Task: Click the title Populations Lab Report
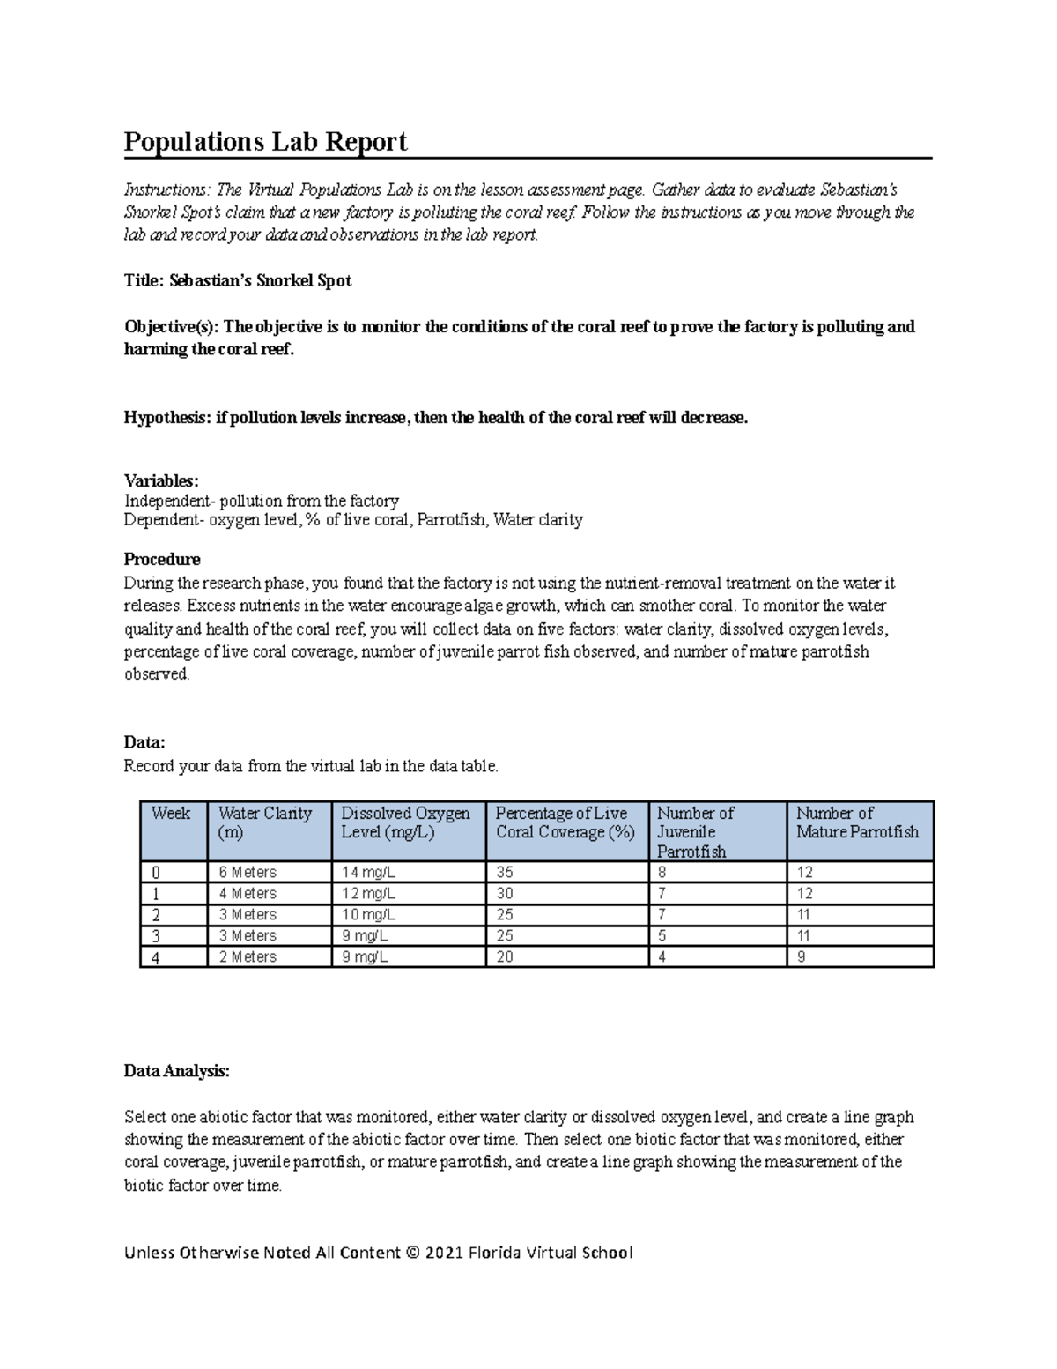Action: click(265, 142)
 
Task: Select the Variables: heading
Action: click(161, 480)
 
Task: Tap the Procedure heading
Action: click(162, 559)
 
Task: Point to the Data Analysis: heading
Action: click(176, 1071)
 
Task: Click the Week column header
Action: click(171, 814)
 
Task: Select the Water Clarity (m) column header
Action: click(265, 822)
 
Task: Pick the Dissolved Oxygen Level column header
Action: click(405, 822)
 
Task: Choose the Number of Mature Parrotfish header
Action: click(857, 822)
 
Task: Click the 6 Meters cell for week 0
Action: click(248, 872)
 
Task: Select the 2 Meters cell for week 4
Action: click(248, 956)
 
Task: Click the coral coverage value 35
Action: click(505, 872)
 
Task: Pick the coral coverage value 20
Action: click(505, 956)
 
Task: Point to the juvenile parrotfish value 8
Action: click(662, 872)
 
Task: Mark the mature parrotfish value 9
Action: click(801, 956)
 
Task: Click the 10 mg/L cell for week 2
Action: click(368, 914)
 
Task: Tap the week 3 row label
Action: click(157, 936)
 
